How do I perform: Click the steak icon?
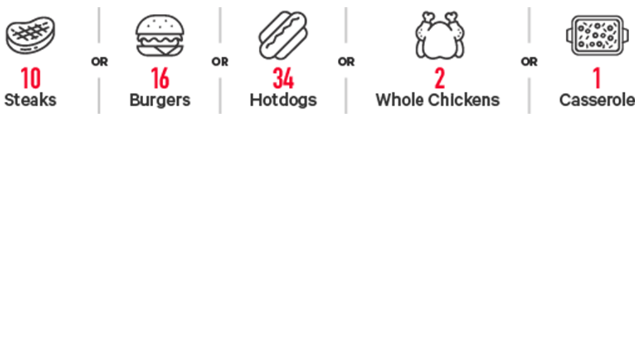point(30,35)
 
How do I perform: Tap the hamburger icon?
point(160,35)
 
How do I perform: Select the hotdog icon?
point(283,35)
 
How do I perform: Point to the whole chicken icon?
point(440,35)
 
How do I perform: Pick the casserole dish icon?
point(597,35)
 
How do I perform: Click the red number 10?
point(31,78)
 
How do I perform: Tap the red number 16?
point(160,78)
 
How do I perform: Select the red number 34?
point(283,78)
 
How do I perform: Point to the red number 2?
point(440,78)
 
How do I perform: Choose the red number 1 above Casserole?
point(597,78)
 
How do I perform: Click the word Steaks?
point(30,100)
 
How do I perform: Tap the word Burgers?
point(160,101)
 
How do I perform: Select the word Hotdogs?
point(283,101)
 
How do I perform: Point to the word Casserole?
point(597,100)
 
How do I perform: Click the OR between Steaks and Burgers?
point(99,62)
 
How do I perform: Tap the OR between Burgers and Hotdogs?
point(220,62)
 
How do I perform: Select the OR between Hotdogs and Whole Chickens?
point(346,62)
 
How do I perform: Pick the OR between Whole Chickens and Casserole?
point(529,62)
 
